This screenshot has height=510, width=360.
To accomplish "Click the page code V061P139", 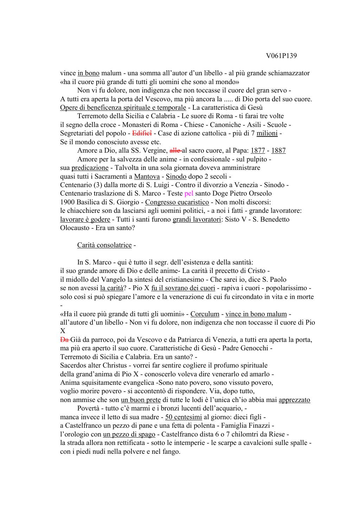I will (282, 56).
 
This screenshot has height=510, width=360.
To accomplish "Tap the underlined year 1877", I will (258, 151).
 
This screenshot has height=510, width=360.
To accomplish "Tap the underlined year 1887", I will (278, 151).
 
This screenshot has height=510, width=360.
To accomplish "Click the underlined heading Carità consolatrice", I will (104, 245).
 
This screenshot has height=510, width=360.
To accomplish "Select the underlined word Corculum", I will (205, 314).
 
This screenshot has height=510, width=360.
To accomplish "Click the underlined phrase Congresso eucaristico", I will (177, 202).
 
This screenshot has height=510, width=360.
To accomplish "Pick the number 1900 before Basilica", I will (67, 202).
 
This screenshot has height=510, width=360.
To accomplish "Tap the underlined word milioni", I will (267, 133).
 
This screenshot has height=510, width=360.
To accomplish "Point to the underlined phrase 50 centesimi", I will (184, 417).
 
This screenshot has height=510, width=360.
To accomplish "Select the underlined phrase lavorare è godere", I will (85, 219).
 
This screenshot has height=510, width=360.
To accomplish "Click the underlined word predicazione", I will (90, 168).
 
